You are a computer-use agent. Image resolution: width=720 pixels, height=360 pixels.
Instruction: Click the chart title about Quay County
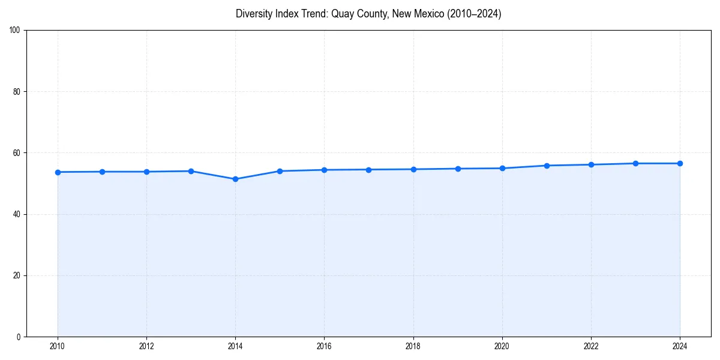point(368,14)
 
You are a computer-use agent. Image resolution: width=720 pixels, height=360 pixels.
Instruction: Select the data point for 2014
point(235,179)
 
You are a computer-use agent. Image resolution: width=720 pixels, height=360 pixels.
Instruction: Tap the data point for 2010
point(58,172)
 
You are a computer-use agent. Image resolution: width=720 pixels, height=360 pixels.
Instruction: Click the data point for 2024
point(680,163)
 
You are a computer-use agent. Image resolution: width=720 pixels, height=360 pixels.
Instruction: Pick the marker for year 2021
point(547,166)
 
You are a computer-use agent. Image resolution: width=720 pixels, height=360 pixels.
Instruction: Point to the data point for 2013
point(191,171)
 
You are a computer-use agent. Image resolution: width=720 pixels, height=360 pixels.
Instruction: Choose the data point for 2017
point(368,169)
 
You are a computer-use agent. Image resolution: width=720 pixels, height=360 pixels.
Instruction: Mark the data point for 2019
point(458,169)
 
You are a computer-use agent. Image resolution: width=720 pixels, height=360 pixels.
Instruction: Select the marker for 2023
point(635,163)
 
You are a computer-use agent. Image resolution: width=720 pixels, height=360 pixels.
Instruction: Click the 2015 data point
point(280,171)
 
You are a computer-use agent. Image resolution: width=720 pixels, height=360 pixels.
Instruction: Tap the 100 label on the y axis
point(15,30)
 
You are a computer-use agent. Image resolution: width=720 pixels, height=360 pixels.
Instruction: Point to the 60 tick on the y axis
point(17,153)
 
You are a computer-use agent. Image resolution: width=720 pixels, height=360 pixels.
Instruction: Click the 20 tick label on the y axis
point(17,275)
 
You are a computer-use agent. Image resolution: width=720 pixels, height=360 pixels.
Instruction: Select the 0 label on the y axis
point(19,337)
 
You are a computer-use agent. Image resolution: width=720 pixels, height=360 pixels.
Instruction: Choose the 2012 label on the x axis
point(146,346)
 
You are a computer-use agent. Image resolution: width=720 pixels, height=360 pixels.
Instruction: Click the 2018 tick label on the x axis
point(413,346)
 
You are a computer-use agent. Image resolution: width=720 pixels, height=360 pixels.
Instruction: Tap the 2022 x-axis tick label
point(591,346)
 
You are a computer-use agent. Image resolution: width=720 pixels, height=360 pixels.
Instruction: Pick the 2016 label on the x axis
point(324,346)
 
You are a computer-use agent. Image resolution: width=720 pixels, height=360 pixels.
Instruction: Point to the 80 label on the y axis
point(17,92)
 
